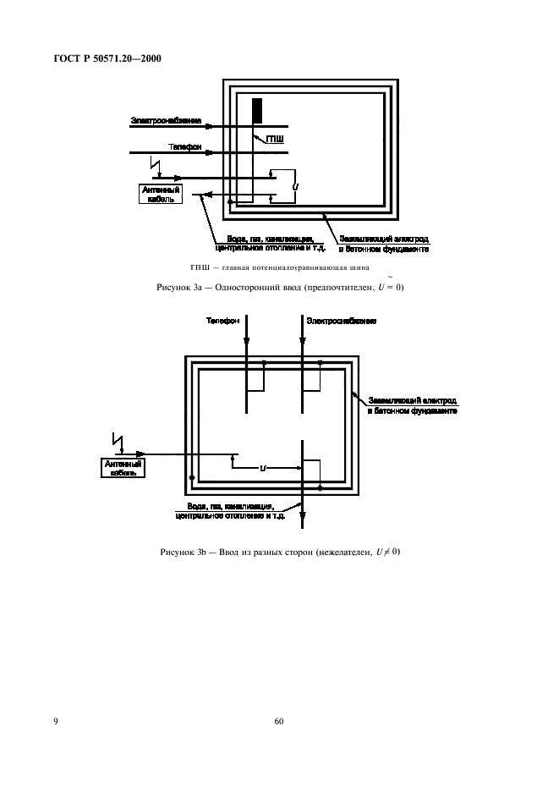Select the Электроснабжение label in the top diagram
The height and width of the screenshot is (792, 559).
click(166, 121)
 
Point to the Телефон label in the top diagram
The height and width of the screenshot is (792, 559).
click(162, 146)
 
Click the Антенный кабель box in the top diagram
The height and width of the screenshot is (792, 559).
click(160, 195)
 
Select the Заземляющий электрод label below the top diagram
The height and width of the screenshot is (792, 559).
click(383, 244)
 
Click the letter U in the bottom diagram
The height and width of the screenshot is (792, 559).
click(263, 467)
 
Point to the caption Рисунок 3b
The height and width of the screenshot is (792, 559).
click(280, 553)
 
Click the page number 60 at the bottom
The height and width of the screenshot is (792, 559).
click(279, 722)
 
